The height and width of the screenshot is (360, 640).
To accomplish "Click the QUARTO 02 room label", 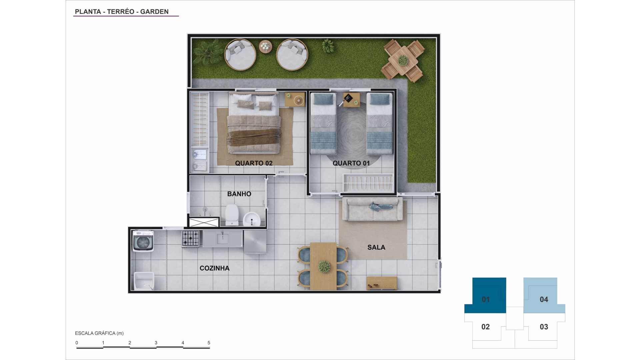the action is pos(254,163).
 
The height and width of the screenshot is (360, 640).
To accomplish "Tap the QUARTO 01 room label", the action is pos(351,163).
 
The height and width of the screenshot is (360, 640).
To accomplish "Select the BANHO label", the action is pos(239,194).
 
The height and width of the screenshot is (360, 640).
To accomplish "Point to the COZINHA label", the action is pos(214,268).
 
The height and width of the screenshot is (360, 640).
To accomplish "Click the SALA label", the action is pos(376,247).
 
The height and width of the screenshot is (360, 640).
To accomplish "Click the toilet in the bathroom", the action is pos(232,215).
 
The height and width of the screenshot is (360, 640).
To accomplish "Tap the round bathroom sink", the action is pos(251,219).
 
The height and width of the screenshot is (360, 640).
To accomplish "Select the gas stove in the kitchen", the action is pos(191,239).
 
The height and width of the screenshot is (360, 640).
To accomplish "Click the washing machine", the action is pos(143,241).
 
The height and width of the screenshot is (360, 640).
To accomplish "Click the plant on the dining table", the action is pos(324,266).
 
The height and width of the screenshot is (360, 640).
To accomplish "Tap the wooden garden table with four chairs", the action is pos(403,61).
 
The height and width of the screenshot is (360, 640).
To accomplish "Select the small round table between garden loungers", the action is pos(265,46).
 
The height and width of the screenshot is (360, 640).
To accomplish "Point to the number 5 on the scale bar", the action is pos(209,343).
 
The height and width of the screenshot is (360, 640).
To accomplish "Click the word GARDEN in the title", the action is pos(154,12).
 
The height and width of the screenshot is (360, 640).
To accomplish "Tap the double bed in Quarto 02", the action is pos(254,123).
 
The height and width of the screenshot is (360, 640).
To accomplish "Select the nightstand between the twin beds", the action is pos(352,100).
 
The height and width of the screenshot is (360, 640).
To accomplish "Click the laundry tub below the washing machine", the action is pos(144,281).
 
